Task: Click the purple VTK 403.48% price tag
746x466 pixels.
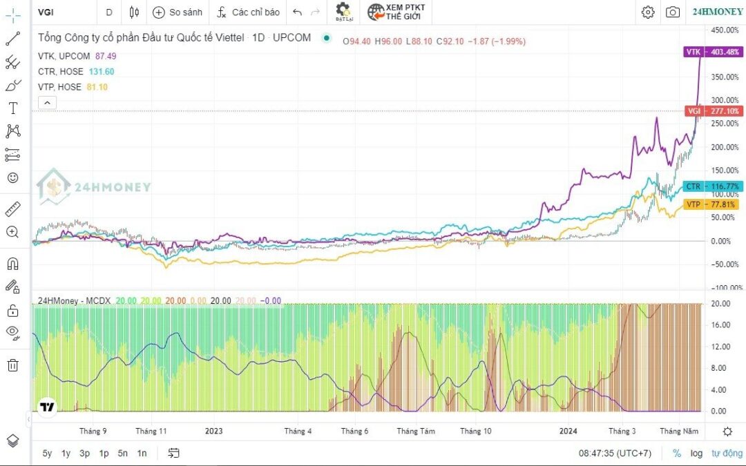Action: tap(713, 52)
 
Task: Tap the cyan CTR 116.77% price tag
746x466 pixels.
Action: tap(713, 186)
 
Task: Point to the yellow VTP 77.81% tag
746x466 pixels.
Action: tap(713, 204)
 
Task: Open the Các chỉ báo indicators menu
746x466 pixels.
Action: tap(249, 12)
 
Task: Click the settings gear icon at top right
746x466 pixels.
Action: tap(647, 12)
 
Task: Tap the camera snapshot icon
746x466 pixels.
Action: tap(672, 12)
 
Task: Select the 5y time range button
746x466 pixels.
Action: tap(47, 453)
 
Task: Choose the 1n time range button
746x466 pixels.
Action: tap(142, 453)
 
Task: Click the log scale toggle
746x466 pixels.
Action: tap(696, 453)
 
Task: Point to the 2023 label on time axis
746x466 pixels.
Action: tap(214, 431)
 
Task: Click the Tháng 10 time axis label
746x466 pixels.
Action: tap(476, 431)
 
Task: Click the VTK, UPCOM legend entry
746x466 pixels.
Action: tap(64, 56)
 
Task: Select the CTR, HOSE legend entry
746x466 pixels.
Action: tap(61, 72)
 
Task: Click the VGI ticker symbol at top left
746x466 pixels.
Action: tap(47, 12)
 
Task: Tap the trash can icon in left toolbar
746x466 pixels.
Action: tap(12, 365)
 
